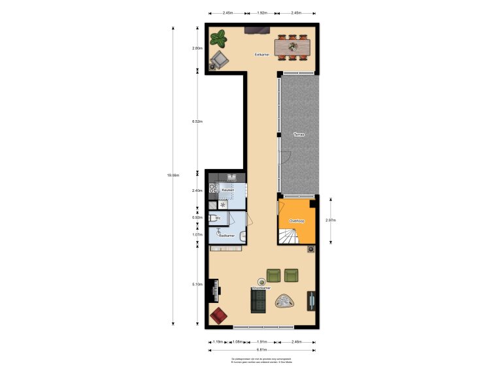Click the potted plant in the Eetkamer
[x=218, y=39]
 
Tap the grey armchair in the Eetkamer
[x=219, y=61]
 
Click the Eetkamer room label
[x=262, y=55]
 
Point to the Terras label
[x=299, y=134]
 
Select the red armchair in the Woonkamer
[x=219, y=316]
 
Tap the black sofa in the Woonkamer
[x=258, y=301]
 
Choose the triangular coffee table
[x=284, y=302]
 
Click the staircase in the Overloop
[x=292, y=236]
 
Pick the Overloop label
[x=297, y=221]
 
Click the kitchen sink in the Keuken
[x=232, y=177]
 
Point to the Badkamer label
[x=226, y=234]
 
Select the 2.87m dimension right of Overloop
[x=332, y=221]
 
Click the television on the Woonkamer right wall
[x=312, y=300]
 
